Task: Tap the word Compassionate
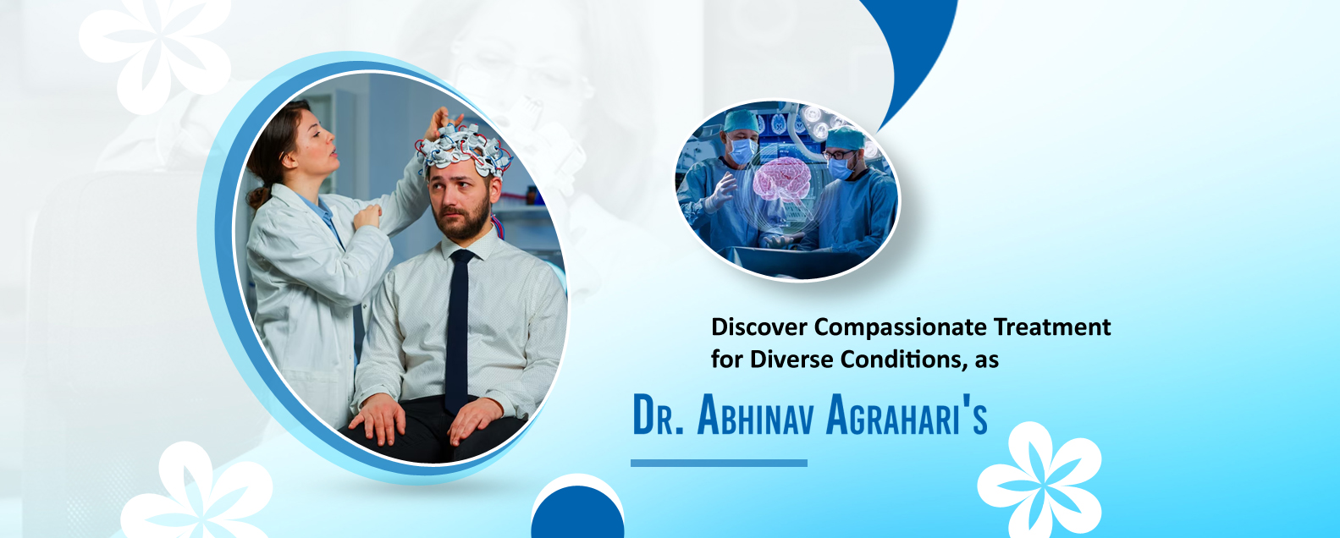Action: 901,328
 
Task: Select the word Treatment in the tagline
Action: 1052,327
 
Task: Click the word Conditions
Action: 905,360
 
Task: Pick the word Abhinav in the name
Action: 756,414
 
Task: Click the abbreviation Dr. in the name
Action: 658,414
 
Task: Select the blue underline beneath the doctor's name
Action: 719,464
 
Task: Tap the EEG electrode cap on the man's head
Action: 464,150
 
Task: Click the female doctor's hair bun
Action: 258,197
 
